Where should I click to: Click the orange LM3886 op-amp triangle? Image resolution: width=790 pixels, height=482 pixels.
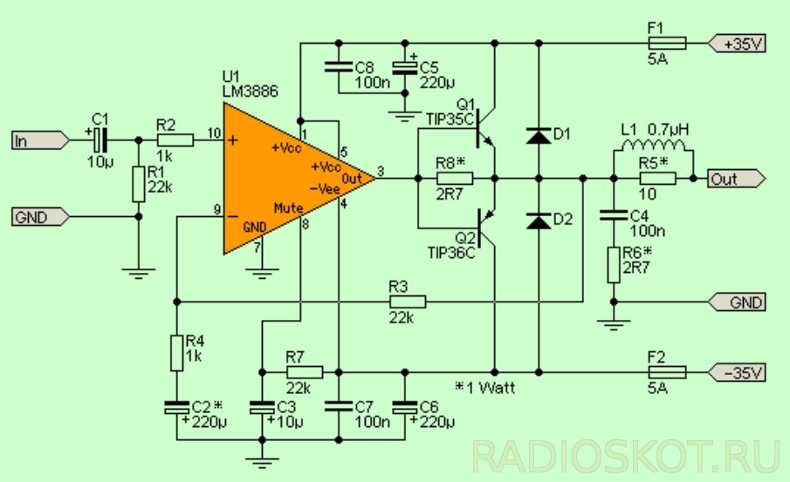coord(279,179)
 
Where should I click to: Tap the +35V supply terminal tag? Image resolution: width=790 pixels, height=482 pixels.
coord(738,43)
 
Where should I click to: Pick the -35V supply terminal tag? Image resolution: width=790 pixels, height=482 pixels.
coord(738,372)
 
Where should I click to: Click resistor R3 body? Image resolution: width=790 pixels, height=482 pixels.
coord(408,302)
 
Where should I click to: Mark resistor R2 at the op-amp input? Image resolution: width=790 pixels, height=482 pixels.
coord(176,139)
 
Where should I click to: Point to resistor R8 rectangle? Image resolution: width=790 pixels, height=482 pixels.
coord(454,179)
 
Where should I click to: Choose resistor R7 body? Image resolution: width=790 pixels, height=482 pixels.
coord(304,372)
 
